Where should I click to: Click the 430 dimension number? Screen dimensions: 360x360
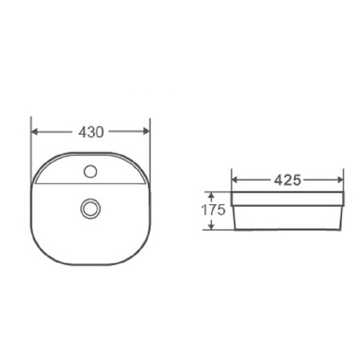91,132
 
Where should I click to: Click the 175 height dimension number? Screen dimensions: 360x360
213,210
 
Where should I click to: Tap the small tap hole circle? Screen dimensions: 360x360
90,171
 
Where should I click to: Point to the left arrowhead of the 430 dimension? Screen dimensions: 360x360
34,132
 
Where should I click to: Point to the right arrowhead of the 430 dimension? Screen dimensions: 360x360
146,131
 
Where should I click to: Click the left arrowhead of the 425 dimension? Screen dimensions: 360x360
235,180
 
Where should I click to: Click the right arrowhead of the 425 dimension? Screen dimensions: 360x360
340,180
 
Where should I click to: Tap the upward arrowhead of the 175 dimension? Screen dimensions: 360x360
211,196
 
